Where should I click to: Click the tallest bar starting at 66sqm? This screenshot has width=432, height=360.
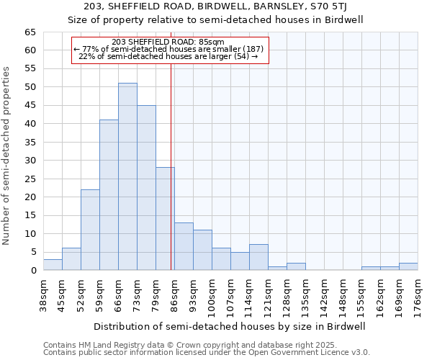127,176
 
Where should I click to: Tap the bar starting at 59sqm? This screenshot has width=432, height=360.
109,194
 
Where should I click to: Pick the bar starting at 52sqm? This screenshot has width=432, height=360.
90,230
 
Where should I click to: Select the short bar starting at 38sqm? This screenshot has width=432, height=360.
53,265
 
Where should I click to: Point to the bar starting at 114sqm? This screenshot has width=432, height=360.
258,258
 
